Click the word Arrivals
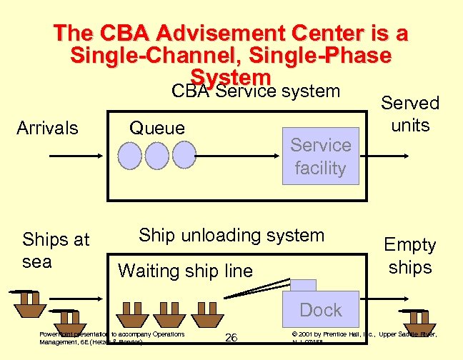[47, 128]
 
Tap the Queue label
[156, 128]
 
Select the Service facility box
[320, 156]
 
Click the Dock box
[320, 310]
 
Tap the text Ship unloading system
[231, 235]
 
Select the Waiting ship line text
[185, 271]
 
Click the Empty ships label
[409, 256]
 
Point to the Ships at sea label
[56, 250]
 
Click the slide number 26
[231, 337]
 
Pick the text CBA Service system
[256, 91]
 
